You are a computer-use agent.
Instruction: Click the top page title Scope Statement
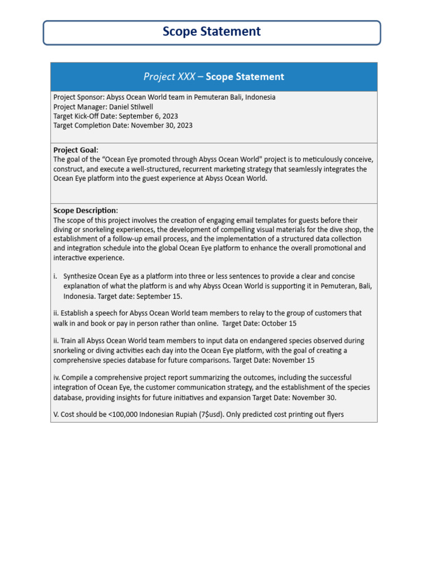click(211, 32)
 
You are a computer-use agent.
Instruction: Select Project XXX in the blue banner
click(169, 77)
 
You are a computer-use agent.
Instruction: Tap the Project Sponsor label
click(79, 97)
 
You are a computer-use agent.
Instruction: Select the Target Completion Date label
click(90, 125)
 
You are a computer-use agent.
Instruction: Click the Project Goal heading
click(75, 150)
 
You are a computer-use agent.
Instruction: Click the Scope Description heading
click(85, 210)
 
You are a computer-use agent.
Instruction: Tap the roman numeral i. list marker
click(56, 276)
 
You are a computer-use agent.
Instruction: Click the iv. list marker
click(56, 377)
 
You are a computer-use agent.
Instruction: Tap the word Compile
click(76, 377)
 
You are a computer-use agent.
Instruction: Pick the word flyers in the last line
click(333, 414)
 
